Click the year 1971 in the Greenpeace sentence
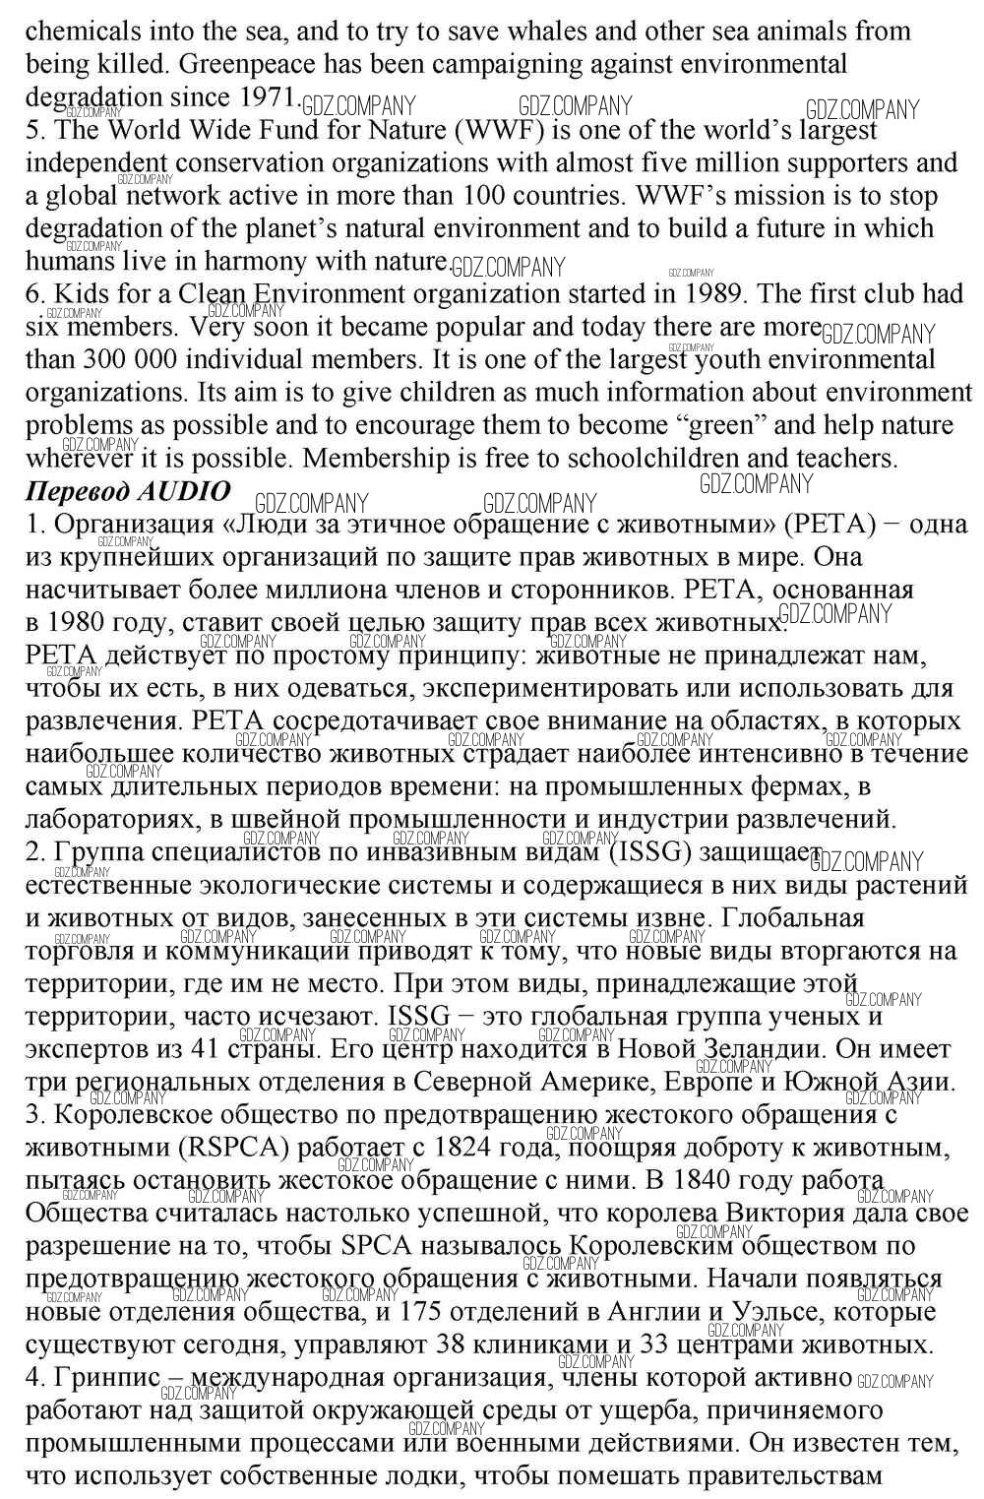(268, 97)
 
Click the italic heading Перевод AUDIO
(128, 490)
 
